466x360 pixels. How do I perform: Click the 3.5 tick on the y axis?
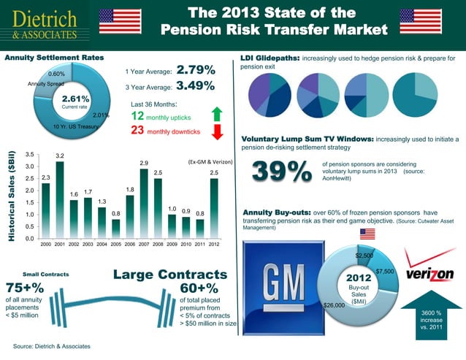[x=29, y=154]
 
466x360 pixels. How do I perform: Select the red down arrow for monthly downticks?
[x=216, y=132]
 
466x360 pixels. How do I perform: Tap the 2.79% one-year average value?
[x=196, y=71]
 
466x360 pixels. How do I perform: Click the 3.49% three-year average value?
[x=196, y=86]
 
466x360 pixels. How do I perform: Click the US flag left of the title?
[x=121, y=22]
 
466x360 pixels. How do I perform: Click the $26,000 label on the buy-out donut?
[x=334, y=305]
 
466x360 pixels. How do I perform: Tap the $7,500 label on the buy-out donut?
[x=385, y=272]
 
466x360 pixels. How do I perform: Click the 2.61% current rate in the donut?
[x=75, y=99]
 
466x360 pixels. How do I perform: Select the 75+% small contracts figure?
[x=25, y=288]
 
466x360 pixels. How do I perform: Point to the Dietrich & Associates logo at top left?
[x=46, y=23]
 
